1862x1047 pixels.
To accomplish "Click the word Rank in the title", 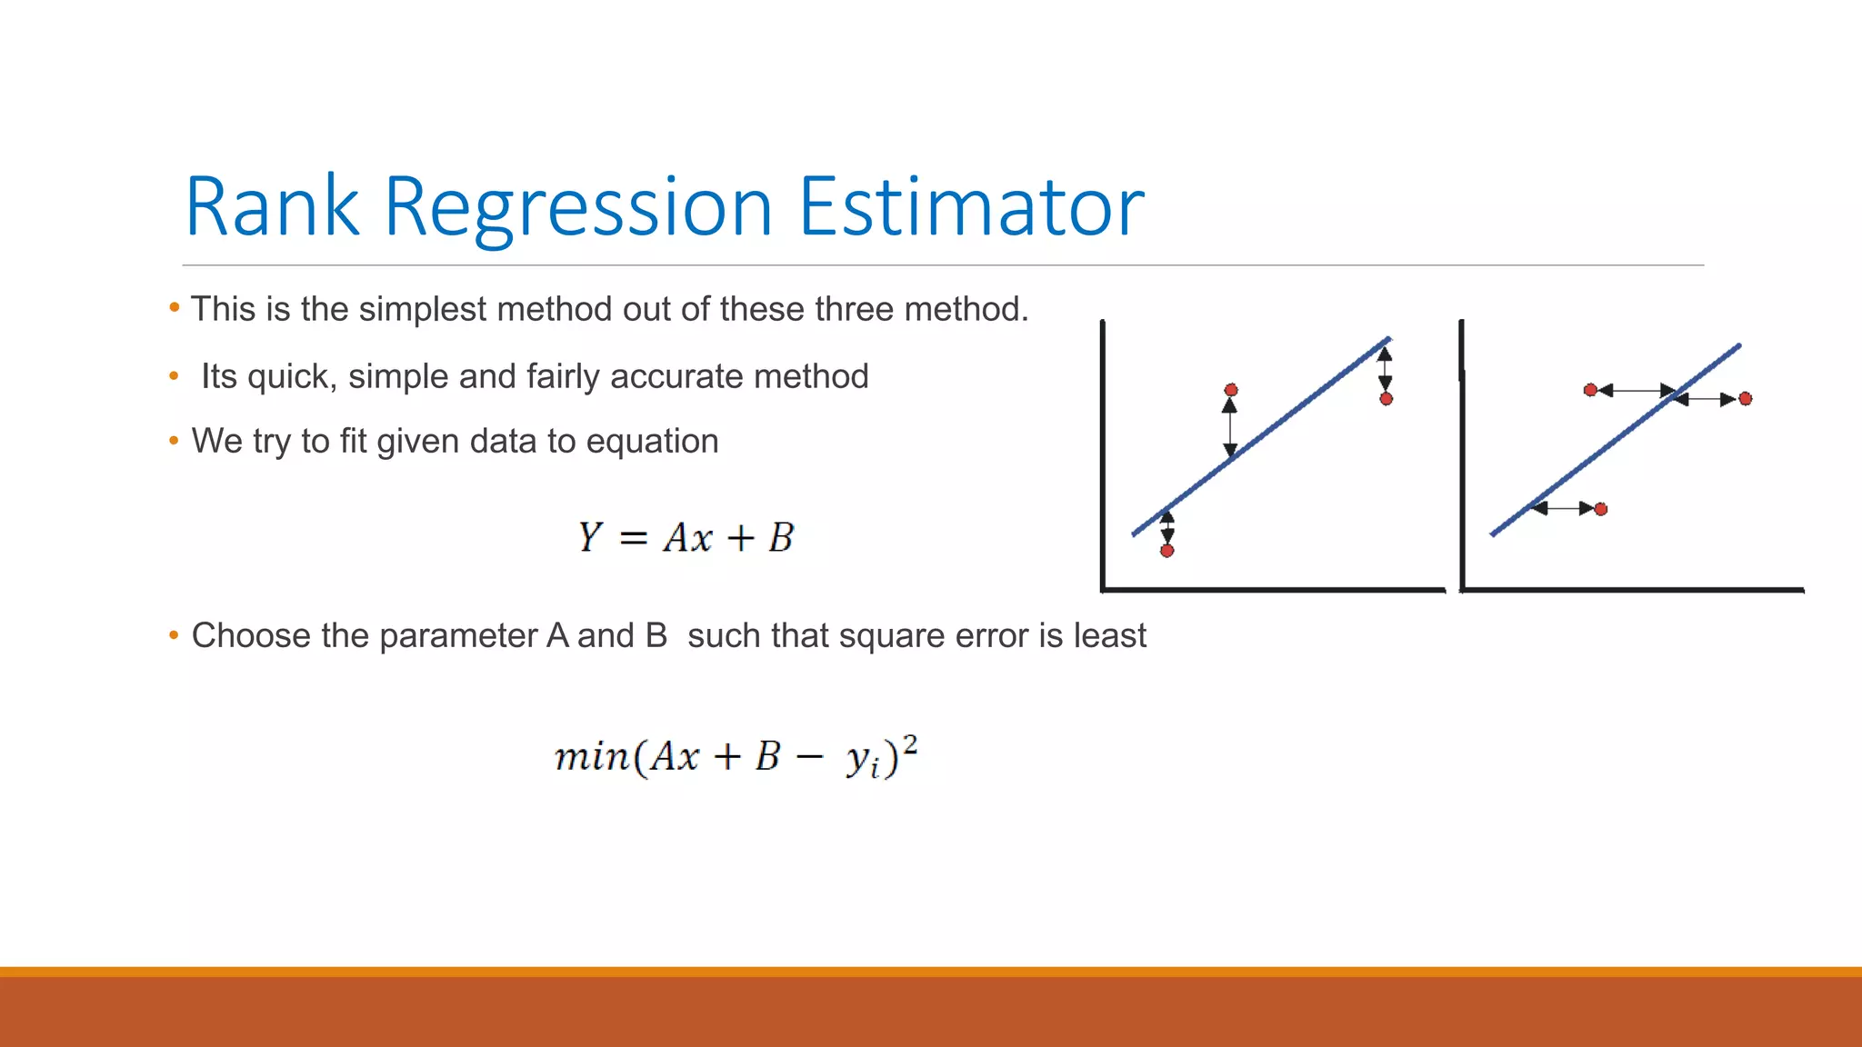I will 272,207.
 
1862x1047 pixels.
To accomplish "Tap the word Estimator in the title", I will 970,207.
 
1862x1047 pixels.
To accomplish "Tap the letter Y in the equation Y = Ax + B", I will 590,537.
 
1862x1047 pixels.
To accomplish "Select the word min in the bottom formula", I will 591,756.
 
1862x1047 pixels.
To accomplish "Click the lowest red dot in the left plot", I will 1167,551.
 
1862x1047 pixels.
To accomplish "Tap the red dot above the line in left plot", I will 1231,390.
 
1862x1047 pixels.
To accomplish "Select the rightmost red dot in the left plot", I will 1386,399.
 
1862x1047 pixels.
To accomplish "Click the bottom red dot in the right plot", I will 1601,509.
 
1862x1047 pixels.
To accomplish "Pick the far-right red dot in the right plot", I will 1745,399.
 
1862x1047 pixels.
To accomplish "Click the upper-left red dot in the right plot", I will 1590,390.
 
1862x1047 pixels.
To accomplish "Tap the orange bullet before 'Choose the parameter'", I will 174,635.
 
